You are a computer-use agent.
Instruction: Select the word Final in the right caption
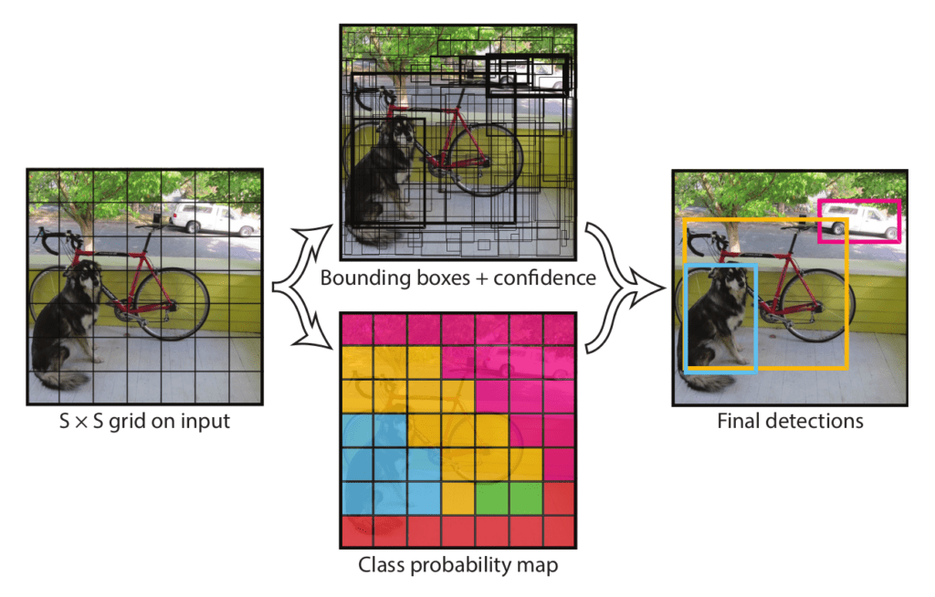[735, 421]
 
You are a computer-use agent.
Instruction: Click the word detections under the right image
[813, 421]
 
